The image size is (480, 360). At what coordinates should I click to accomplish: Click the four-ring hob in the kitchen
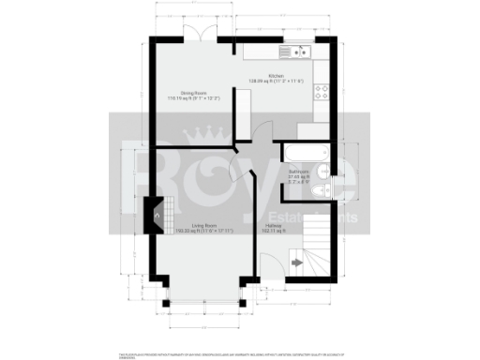pos(322,92)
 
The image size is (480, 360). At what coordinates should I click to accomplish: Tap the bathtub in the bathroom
pos(303,154)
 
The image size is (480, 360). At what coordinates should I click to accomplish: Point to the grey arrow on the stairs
pos(297,263)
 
